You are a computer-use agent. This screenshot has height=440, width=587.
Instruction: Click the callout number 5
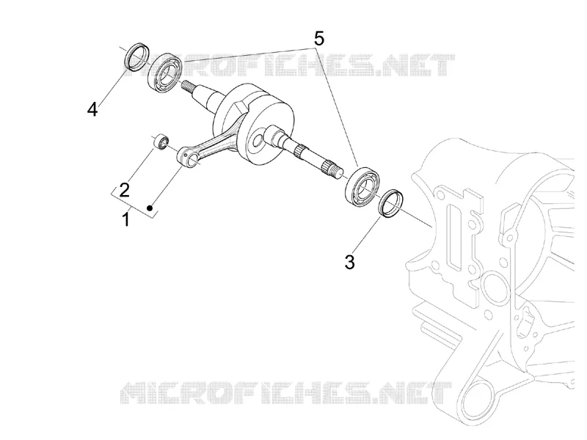(318, 38)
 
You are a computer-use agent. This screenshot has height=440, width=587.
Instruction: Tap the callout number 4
(92, 109)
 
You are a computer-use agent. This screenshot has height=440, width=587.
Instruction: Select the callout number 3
(349, 263)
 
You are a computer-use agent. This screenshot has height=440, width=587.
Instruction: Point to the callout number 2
(124, 190)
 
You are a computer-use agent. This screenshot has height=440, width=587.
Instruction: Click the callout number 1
(126, 219)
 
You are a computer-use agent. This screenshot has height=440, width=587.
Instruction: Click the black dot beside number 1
(150, 208)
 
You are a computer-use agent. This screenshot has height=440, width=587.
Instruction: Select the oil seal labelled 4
(136, 56)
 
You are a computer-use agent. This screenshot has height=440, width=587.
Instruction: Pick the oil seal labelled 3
(392, 204)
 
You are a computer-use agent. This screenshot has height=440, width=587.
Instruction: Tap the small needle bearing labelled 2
(161, 141)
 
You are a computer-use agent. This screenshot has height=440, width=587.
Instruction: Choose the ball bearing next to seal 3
(362, 188)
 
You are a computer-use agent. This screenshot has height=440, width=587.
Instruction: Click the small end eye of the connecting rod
(189, 156)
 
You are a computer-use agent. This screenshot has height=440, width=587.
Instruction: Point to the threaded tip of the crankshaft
(189, 88)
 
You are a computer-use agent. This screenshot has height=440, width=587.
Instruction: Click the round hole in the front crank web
(258, 141)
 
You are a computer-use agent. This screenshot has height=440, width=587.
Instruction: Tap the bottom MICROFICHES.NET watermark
(286, 393)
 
